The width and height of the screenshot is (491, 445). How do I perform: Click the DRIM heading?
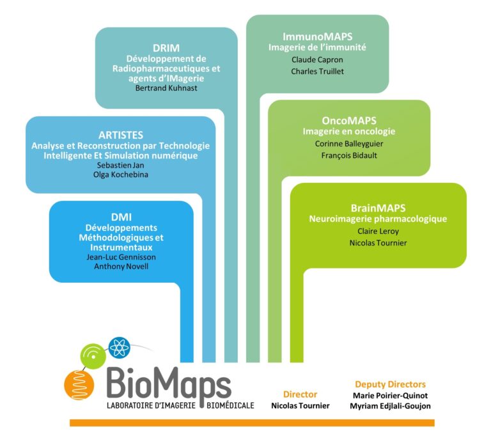tap(166, 48)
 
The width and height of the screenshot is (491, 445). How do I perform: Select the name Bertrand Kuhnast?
tap(166, 88)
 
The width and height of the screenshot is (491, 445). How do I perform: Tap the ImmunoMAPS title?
tap(318, 36)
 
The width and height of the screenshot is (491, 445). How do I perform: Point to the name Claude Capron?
tap(317, 59)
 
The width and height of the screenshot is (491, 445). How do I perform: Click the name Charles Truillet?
tap(317, 72)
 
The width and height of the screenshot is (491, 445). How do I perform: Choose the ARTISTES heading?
tap(121, 135)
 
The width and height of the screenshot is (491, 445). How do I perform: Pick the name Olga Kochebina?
tap(121, 175)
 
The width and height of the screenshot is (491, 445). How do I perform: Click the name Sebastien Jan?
tap(121, 165)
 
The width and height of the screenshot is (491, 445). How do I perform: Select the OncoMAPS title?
tap(349, 121)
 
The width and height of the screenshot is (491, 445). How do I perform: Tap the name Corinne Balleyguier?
tap(349, 144)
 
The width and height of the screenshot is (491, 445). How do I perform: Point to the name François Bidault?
tap(349, 155)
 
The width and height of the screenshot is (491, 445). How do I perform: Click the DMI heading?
tap(121, 217)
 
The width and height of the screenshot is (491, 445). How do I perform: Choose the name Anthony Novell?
tap(121, 267)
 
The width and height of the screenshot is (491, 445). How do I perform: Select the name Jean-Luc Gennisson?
tap(121, 257)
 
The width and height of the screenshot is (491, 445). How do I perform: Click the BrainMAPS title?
tap(378, 208)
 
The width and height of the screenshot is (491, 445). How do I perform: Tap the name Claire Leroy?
tap(378, 231)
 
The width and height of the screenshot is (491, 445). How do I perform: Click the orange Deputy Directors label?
tap(390, 384)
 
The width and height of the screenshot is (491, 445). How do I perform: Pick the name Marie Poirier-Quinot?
tap(390, 396)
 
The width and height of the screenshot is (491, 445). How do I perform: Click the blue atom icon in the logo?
tap(120, 348)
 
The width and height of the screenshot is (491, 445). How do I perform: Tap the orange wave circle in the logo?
tap(79, 385)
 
